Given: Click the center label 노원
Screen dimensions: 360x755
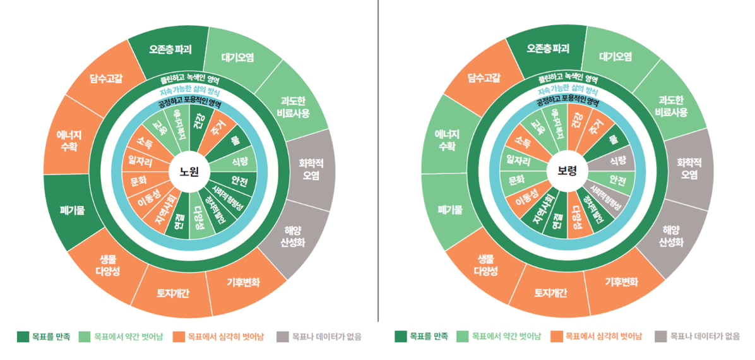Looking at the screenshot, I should [x=189, y=171].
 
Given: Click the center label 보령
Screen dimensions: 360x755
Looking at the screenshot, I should [x=567, y=171].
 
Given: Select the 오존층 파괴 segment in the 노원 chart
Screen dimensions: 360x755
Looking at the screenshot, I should [x=170, y=49].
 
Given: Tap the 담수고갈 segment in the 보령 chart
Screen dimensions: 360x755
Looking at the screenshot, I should [x=484, y=78].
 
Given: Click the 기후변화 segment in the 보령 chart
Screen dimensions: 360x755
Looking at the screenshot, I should [x=621, y=282].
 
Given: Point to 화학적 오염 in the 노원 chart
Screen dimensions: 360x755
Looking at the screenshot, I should [x=311, y=169].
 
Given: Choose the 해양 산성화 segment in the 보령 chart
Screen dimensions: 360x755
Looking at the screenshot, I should [x=671, y=236].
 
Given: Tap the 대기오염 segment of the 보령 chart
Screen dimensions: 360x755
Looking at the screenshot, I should [x=615, y=57].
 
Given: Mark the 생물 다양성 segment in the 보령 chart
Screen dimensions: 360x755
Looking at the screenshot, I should [x=485, y=265].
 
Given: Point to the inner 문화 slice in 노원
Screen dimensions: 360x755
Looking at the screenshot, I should [x=138, y=182].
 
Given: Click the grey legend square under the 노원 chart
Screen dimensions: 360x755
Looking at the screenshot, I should [x=283, y=337].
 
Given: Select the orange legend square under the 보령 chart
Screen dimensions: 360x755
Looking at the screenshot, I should [x=556, y=337].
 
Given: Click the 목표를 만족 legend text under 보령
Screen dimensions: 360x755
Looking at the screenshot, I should [x=429, y=337].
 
